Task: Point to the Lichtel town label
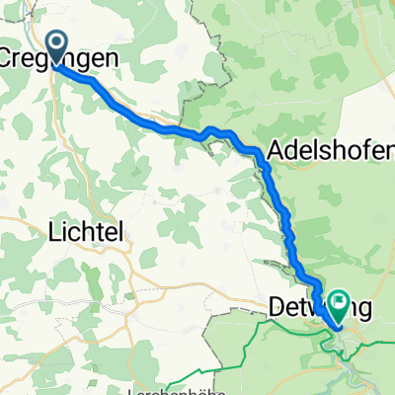pos(85,232)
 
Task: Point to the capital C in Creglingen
pos(11,59)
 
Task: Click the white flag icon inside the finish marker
pos(339,300)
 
